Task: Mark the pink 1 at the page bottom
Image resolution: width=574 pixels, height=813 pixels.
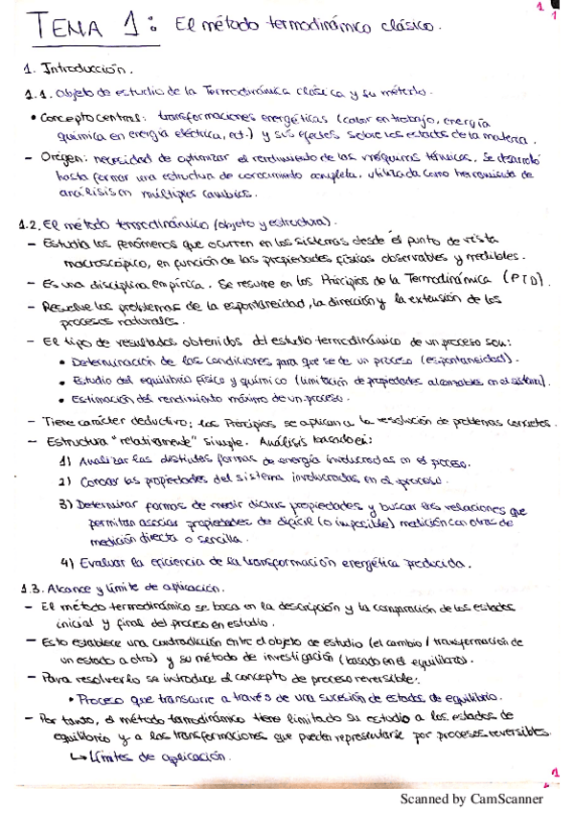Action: tap(554, 773)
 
